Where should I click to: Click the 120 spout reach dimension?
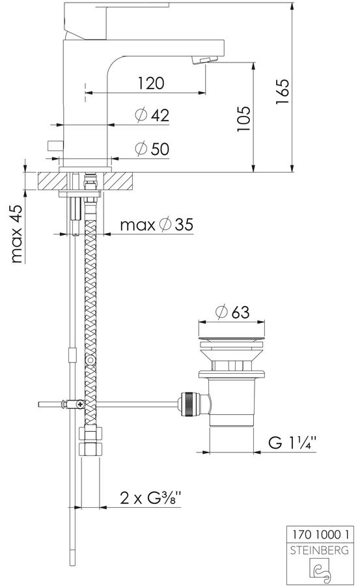pyautogui.click(x=151, y=83)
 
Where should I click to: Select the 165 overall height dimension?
pyautogui.click(x=283, y=92)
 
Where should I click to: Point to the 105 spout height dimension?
pyautogui.click(x=243, y=119)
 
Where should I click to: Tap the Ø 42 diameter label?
pyautogui.click(x=152, y=115)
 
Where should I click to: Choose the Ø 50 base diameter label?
pyautogui.click(x=152, y=148)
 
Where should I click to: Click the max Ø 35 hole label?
pyautogui.click(x=157, y=225)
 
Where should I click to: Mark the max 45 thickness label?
pyautogui.click(x=16, y=234)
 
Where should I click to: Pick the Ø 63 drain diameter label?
pyautogui.click(x=232, y=312)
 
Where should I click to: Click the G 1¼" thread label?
pyautogui.click(x=292, y=443)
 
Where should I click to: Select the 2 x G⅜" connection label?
pyautogui.click(x=150, y=498)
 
